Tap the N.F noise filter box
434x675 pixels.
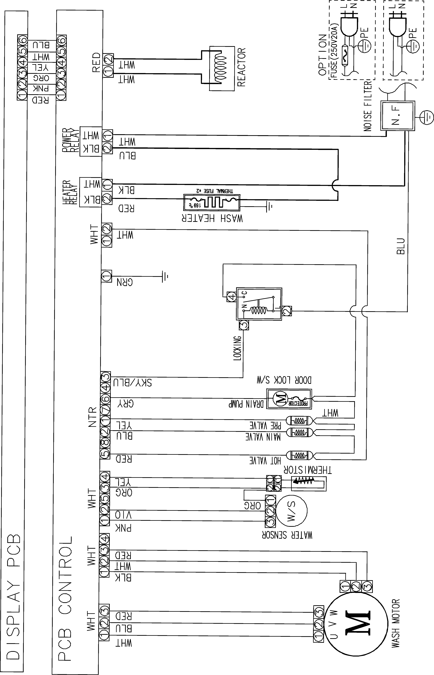coord(398,116)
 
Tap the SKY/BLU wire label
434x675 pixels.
coord(132,383)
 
